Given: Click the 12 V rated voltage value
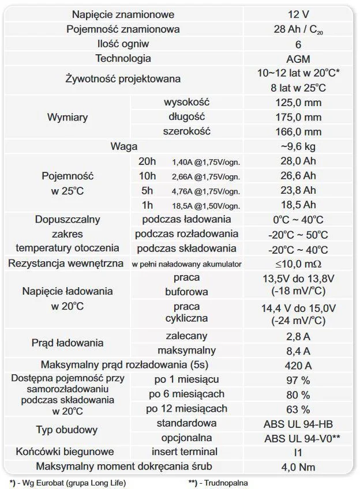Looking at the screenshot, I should point(298,14).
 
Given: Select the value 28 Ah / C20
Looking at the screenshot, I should point(298,29).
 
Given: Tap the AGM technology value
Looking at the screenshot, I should point(298,59).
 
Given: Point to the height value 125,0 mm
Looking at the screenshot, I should point(298,102).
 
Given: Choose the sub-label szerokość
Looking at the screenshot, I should point(186,131).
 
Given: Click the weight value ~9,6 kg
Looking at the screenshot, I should point(298,146).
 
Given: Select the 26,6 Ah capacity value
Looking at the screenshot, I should point(298,175).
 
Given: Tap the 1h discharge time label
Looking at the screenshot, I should point(148,205).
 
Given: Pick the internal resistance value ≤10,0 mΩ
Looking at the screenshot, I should point(298,264).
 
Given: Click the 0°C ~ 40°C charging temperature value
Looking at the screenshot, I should point(298,220).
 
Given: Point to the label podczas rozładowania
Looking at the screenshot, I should point(186,234).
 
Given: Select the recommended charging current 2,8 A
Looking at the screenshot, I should point(298,336).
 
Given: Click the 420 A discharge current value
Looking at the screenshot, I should point(298,365).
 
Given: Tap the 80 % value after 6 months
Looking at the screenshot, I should point(298,394).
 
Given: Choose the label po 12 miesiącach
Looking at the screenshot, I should point(186,409).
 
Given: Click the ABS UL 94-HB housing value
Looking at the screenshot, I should point(298,423).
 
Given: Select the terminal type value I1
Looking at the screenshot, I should point(298,452).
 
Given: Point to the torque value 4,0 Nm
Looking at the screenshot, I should point(298,466).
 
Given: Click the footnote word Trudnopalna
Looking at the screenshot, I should point(225,482).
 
